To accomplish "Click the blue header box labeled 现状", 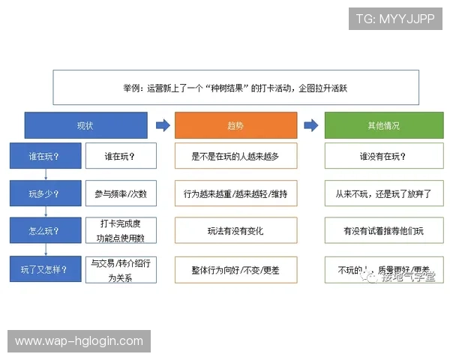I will [85, 125].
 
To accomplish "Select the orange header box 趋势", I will [235, 125].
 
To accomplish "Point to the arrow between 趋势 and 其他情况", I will [310, 125].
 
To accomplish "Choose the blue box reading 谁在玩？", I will [44, 156].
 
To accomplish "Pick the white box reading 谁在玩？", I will [120, 156].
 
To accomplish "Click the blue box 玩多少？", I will [44, 194].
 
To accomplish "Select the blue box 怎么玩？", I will [44, 230].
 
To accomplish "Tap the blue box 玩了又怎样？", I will [44, 268].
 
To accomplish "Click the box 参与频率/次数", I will [120, 194].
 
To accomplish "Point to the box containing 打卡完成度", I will [120, 230].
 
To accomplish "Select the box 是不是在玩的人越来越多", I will [235, 156].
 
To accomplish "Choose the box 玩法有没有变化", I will [235, 230].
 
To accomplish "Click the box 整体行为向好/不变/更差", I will [235, 268].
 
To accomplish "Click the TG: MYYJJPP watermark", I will [395, 19].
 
